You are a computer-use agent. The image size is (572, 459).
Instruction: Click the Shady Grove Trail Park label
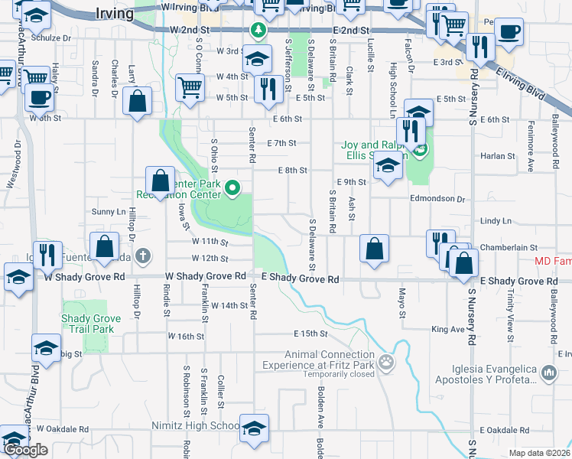click(92, 324)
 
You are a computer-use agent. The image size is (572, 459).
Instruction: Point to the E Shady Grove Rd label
click(300, 280)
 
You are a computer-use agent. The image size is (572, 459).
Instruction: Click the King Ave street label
click(447, 329)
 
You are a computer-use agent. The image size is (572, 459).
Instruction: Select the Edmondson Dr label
click(438, 198)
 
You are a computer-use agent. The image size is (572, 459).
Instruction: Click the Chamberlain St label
click(510, 248)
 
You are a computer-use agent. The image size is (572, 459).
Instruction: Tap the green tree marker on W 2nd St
click(258, 30)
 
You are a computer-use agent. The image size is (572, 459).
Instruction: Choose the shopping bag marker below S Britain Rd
click(374, 249)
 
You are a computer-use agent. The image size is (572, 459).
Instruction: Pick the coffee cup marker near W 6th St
click(39, 97)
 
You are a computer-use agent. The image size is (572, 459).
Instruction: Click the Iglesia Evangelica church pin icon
click(548, 373)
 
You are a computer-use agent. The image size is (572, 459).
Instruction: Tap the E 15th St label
click(310, 334)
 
